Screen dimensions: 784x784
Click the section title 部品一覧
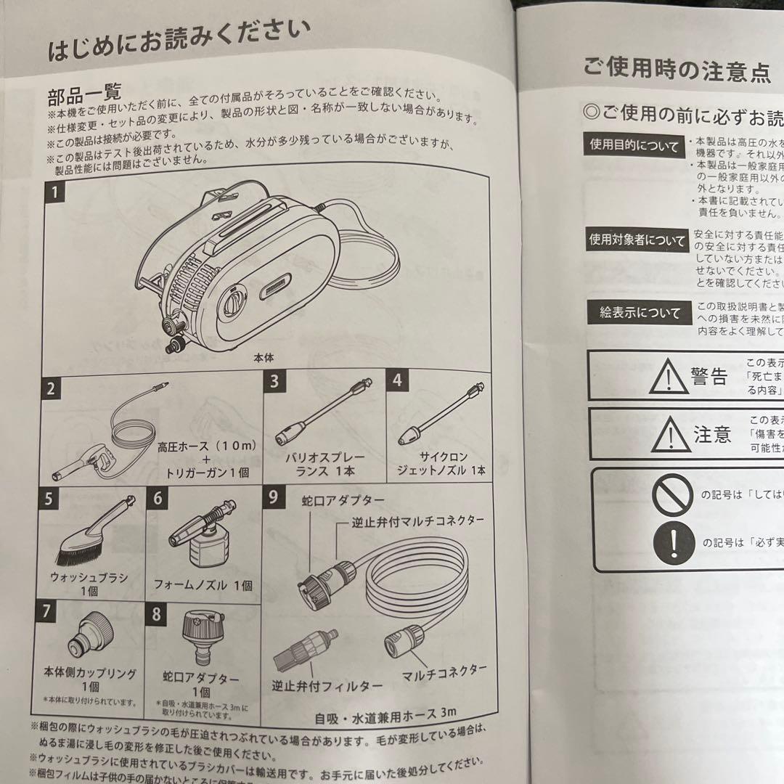85,94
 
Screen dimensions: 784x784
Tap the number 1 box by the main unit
56,193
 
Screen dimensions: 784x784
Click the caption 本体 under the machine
263,357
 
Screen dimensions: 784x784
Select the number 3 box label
274,380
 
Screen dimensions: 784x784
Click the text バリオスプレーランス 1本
324,465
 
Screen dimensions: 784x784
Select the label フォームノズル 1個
204,584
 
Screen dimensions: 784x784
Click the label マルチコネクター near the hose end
444,672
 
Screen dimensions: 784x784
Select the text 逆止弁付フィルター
327,685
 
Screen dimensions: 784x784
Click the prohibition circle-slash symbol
673,495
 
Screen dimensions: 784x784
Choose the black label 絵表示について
634,313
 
